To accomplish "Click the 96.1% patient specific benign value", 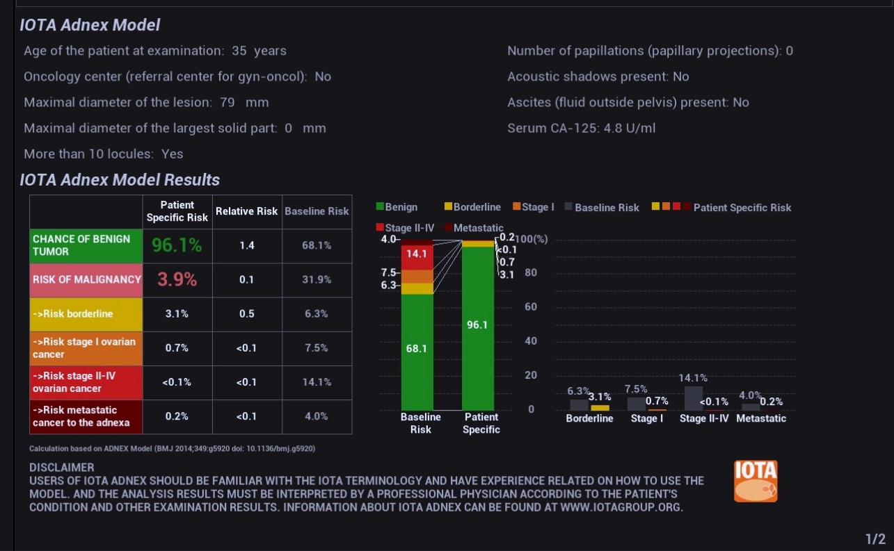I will tap(177, 245).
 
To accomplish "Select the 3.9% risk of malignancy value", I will tap(177, 279).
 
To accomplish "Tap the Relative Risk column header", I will tap(246, 211).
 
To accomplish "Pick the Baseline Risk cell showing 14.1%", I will tap(317, 381).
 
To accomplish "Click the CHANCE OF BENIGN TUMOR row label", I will tap(86, 245).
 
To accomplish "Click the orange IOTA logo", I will tap(756, 481).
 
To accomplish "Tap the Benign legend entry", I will tap(397, 207).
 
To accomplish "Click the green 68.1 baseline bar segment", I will tap(417, 349).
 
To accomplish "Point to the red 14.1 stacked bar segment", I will tap(417, 254).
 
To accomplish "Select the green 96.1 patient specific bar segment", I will tap(477, 324).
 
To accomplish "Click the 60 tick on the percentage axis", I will tap(531, 307).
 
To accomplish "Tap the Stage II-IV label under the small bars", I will tap(703, 418).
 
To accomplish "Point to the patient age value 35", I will tap(239, 51).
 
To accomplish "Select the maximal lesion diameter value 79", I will tap(227, 102).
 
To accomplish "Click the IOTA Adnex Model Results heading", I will tap(120, 180).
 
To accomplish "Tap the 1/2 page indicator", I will tap(875, 539).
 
